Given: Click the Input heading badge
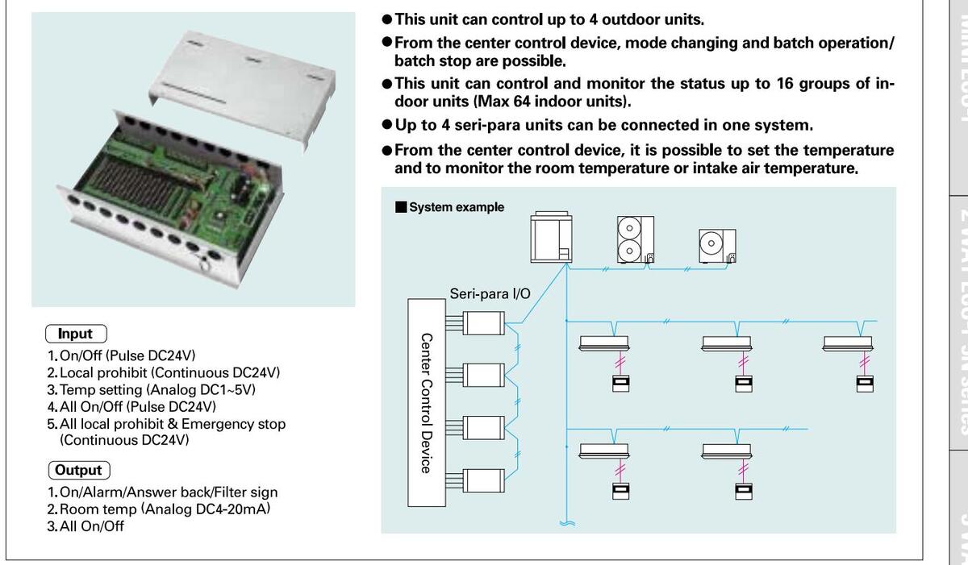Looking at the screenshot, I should point(76,334).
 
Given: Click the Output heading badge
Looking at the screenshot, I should point(79,470).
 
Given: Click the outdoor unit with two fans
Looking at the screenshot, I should point(635,239).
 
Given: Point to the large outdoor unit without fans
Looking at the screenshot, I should point(552,237).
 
